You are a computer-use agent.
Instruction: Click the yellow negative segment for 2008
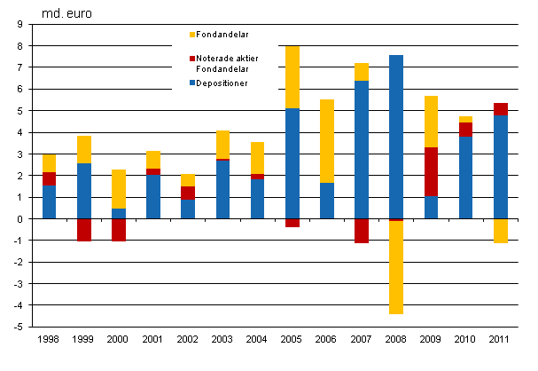pyautogui.click(x=396, y=267)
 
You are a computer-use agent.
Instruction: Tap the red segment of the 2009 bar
pyautogui.click(x=431, y=172)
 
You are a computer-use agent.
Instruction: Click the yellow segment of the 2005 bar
pyautogui.click(x=292, y=76)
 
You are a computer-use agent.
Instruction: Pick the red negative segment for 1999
pyautogui.click(x=85, y=230)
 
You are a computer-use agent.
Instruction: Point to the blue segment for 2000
pyautogui.click(x=120, y=213)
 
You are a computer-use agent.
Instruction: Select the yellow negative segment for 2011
pyautogui.click(x=500, y=231)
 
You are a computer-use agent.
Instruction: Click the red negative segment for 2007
pyautogui.click(x=362, y=231)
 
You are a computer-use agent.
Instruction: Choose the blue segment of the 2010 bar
pyautogui.click(x=465, y=177)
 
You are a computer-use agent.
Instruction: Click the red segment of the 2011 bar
pyautogui.click(x=500, y=109)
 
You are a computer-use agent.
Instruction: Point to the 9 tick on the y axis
pyautogui.click(x=19, y=24)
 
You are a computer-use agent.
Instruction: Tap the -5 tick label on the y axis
pyautogui.click(x=17, y=328)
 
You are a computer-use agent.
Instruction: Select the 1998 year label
pyautogui.click(x=51, y=340)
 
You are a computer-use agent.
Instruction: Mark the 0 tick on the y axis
pyautogui.click(x=19, y=219)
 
